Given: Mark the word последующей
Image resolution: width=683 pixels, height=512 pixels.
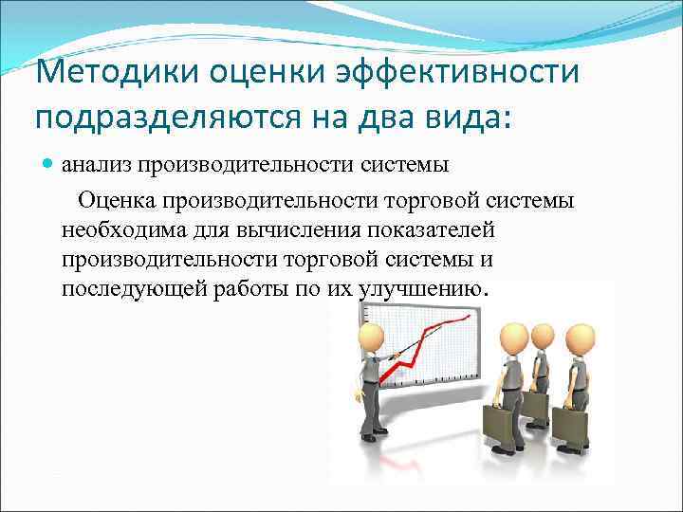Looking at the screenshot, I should (120, 288).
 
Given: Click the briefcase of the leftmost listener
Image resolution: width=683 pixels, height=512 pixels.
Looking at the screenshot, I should (500, 421).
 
